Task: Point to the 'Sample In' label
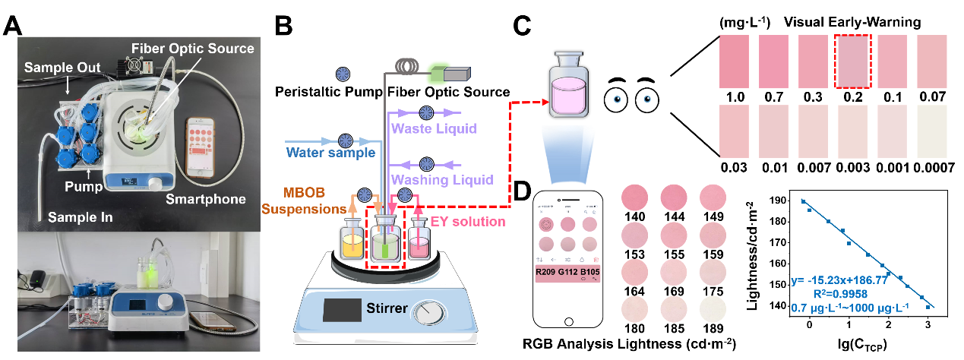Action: [80, 217]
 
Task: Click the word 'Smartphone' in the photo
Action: [205, 200]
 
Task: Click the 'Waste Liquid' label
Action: [434, 129]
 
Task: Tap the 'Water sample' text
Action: [331, 152]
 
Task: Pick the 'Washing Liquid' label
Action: [441, 180]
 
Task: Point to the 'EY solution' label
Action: [468, 222]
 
